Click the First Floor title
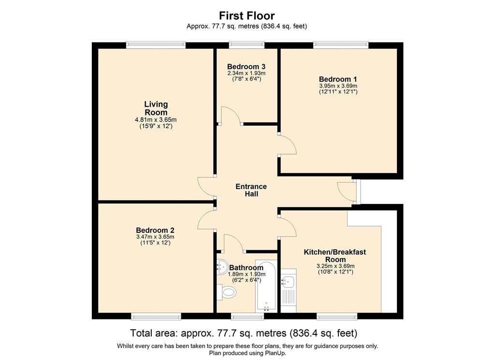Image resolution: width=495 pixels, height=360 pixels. [247, 15]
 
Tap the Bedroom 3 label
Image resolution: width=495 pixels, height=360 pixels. [246, 67]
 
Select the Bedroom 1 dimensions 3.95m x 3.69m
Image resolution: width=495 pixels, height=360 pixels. [338, 86]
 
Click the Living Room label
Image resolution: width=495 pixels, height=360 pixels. [156, 108]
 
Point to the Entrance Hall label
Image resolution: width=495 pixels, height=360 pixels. [251, 190]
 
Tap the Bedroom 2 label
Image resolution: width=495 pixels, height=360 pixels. [155, 230]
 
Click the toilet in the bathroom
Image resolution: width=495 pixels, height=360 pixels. [227, 291]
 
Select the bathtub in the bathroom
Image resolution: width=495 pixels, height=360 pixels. [266, 286]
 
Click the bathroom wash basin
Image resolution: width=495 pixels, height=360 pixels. [222, 267]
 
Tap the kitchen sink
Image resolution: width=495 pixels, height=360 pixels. [288, 280]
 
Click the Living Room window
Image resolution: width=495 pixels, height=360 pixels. [156, 45]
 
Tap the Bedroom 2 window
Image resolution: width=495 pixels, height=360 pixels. [156, 316]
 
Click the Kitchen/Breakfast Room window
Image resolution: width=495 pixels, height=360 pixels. [337, 316]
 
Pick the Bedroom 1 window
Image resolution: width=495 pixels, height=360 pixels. [341, 45]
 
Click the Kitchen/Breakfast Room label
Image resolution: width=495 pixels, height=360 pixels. [335, 256]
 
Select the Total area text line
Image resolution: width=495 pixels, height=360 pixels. [244, 333]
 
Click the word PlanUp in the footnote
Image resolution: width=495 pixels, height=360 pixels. [276, 353]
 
